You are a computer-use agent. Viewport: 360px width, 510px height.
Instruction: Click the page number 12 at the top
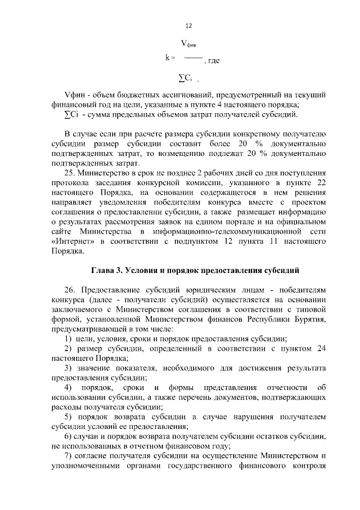coord(188,26)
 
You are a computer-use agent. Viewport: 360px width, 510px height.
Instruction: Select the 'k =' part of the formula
coord(171,57)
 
